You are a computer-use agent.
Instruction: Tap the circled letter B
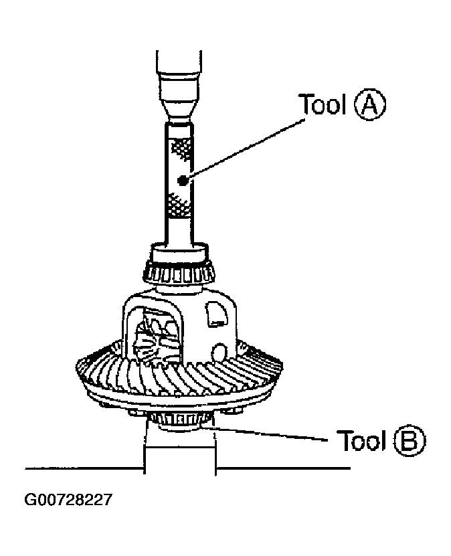point(409,441)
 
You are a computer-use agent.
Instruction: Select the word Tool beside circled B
point(361,441)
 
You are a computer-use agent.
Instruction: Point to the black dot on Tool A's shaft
point(182,179)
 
